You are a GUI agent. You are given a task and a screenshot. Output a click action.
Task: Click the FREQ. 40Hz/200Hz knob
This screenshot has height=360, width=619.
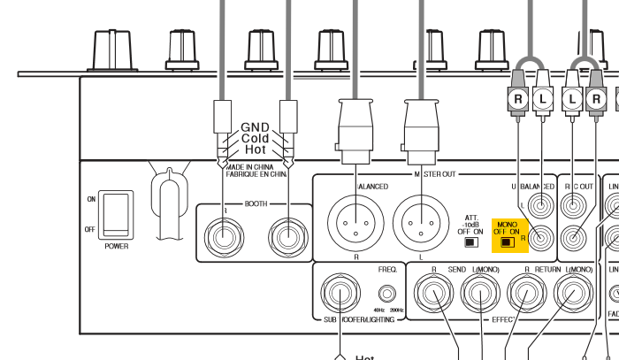[x=386, y=294]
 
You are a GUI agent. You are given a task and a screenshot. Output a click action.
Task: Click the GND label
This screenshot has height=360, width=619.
[x=255, y=126]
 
